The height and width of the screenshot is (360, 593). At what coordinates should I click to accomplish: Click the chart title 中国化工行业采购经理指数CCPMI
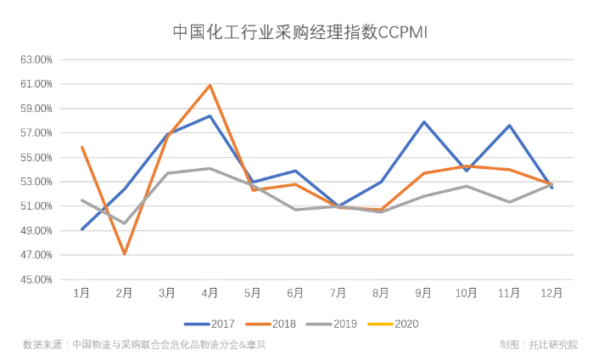pyautogui.click(x=296, y=32)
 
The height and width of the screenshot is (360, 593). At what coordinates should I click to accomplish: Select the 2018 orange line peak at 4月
pyautogui.click(x=210, y=85)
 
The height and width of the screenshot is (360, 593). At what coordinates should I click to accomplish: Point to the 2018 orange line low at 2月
pyautogui.click(x=125, y=254)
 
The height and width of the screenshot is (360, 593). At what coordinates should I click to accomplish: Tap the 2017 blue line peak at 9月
pyautogui.click(x=423, y=122)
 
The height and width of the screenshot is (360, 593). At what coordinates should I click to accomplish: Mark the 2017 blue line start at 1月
pyautogui.click(x=81, y=229)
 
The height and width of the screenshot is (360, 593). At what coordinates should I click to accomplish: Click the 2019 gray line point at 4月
pyautogui.click(x=210, y=168)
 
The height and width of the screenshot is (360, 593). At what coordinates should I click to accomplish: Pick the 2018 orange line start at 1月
pyautogui.click(x=81, y=147)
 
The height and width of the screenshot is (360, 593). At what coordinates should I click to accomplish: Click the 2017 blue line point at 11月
pyautogui.click(x=509, y=126)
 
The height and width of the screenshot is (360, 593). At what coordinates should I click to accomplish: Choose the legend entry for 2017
pyautogui.click(x=210, y=323)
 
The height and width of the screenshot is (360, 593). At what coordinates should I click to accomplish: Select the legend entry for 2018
pyautogui.click(x=271, y=323)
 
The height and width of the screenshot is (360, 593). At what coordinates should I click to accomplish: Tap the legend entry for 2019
pyautogui.click(x=333, y=323)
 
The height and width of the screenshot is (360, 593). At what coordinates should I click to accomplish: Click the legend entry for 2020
pyautogui.click(x=394, y=323)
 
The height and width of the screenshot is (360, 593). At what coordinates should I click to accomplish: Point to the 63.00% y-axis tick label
pyautogui.click(x=36, y=60)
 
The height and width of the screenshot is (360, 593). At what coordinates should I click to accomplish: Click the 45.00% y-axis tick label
pyautogui.click(x=36, y=279)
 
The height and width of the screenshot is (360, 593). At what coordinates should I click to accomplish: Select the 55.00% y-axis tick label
pyautogui.click(x=36, y=158)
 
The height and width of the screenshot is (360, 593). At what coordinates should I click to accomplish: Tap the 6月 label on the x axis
pyautogui.click(x=295, y=293)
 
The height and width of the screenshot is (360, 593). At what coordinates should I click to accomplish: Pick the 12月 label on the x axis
pyautogui.click(x=551, y=293)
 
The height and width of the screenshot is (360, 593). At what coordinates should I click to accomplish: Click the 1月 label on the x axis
pyautogui.click(x=81, y=293)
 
